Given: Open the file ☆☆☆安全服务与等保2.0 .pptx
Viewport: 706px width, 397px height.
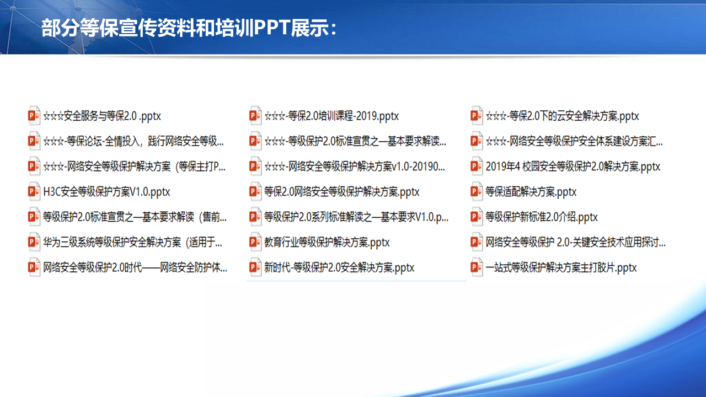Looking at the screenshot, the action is tap(102, 116).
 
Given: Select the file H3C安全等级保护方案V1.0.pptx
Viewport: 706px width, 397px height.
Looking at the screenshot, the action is tap(106, 191).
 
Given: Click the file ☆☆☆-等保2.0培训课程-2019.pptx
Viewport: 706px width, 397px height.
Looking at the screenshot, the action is tap(331, 116).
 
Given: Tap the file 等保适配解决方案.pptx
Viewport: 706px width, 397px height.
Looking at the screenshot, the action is tap(531, 191).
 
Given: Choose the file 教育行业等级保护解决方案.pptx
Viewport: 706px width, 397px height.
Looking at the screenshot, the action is tap(327, 242).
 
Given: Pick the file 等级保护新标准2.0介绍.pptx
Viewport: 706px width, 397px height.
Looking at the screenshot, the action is tap(542, 217).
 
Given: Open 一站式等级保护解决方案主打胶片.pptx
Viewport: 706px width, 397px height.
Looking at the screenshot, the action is tap(561, 267).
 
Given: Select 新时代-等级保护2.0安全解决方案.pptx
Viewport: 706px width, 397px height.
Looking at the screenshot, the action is tap(339, 267).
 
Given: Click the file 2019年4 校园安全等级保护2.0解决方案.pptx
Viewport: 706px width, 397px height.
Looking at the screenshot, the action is tap(573, 167).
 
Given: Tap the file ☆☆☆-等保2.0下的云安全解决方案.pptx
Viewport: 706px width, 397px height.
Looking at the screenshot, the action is tap(562, 116).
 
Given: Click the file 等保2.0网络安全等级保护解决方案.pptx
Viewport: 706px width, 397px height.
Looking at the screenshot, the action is tap(341, 191).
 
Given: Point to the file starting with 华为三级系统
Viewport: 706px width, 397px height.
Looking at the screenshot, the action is tap(132, 242).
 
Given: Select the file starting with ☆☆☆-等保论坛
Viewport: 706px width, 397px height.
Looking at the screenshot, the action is tap(133, 141).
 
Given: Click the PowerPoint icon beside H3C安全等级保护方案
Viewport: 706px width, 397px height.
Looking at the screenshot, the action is tap(34, 191).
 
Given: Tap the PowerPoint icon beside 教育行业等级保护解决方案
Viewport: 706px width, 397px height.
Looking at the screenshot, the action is tap(255, 242).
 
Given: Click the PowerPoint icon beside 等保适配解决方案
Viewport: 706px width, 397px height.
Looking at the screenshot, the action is tap(477, 191).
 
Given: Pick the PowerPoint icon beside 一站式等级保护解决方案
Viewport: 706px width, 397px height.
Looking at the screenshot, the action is tap(477, 267).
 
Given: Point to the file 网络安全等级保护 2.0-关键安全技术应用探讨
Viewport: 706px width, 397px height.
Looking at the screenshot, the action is tap(575, 242).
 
